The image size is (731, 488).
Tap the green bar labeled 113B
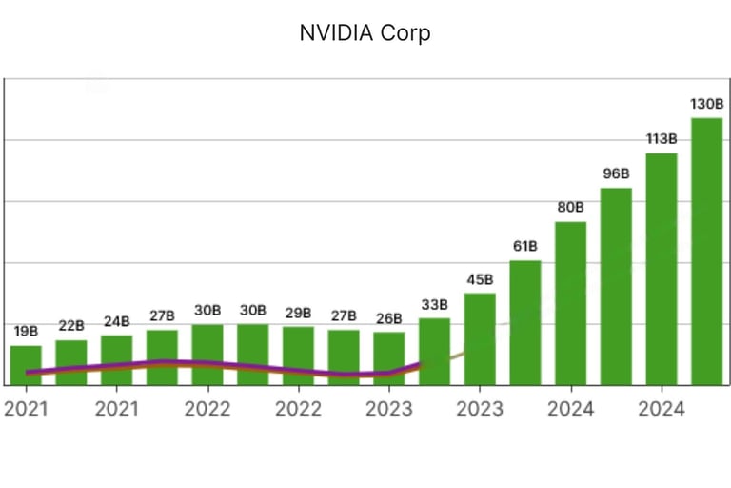tap(662, 269)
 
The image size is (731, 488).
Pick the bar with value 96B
tap(616, 286)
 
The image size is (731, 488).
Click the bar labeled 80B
tap(570, 303)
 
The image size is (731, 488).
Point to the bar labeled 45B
tap(480, 338)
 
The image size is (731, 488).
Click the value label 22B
tap(71, 326)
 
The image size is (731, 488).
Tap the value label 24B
tap(116, 321)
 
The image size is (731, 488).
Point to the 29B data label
tap(298, 313)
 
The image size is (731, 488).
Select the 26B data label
tap(388, 317)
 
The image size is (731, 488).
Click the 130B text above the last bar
tap(706, 103)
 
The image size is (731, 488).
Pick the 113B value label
tap(662, 139)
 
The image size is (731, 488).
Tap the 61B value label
tap(525, 247)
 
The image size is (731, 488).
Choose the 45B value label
tap(480, 279)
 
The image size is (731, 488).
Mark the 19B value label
tap(26, 332)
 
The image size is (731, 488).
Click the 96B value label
tap(616, 173)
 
